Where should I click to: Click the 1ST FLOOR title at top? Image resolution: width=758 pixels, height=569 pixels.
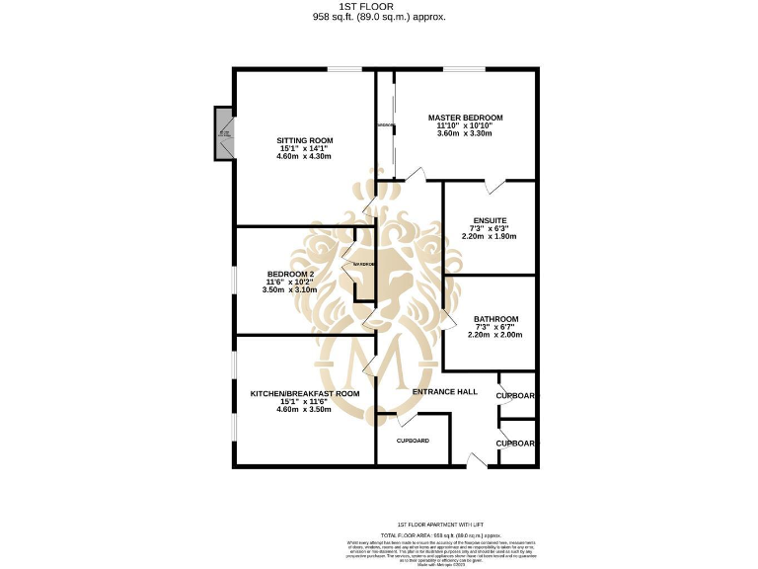point(379,6)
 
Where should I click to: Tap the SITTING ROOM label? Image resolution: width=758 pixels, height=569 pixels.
point(304,140)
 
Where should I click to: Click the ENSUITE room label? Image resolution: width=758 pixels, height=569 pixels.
point(490,220)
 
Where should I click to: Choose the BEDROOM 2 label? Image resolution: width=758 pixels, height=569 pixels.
point(290,274)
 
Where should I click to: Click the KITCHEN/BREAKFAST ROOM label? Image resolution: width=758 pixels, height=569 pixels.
point(305,393)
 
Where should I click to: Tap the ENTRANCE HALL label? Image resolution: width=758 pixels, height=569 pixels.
point(445,392)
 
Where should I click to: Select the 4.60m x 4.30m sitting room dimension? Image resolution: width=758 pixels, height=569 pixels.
point(304,156)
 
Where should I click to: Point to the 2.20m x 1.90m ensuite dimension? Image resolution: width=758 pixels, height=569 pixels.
point(490,236)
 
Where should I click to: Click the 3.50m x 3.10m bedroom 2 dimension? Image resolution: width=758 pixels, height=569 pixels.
point(290,289)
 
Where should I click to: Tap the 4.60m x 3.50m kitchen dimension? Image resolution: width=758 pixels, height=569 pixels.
point(305,409)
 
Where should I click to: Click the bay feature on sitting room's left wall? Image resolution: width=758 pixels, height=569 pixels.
point(224,133)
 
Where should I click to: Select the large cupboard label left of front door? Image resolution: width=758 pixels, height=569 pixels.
point(413,441)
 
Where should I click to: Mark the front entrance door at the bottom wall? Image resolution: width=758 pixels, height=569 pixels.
point(477,461)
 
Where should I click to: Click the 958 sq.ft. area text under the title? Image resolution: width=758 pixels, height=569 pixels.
point(379,17)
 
